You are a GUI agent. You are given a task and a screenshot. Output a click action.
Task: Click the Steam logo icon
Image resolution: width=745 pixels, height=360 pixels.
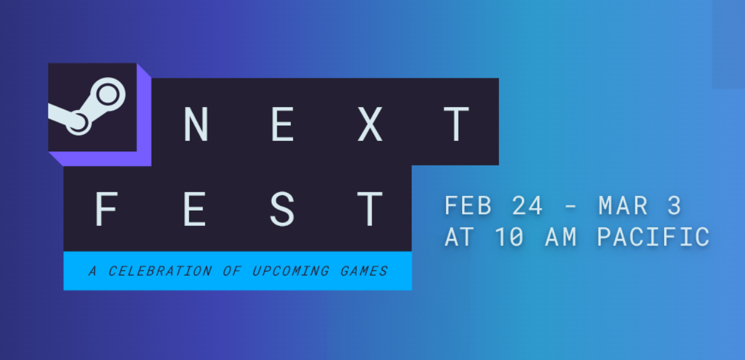[87, 107]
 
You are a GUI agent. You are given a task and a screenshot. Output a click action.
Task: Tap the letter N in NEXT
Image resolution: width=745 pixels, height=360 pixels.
[197, 124]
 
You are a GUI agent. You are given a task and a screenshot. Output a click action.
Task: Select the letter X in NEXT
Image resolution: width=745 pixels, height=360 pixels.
[370, 124]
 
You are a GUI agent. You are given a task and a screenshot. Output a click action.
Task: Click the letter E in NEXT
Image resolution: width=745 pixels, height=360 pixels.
[283, 124]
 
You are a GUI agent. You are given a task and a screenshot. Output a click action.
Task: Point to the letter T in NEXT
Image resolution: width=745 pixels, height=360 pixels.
[457, 124]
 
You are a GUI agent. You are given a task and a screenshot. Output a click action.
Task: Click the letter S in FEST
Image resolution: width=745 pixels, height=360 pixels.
[282, 209]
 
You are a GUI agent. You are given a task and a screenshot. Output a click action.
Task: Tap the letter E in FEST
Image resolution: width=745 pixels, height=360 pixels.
[194, 209]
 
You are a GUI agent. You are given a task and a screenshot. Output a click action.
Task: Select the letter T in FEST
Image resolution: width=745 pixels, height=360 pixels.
[370, 209]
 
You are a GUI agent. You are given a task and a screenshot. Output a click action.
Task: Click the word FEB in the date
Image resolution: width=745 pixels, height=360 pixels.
[468, 205]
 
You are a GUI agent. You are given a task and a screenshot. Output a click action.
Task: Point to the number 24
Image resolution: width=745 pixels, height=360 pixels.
[527, 205]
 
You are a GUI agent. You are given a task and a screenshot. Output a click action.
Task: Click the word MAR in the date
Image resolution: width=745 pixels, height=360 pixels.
[623, 205]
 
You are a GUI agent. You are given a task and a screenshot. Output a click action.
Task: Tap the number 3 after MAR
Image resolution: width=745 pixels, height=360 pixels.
[674, 205]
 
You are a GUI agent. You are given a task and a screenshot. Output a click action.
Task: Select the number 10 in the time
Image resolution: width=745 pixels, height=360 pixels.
[509, 236]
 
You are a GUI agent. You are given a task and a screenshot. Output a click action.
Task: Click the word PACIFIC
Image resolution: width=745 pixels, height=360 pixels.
[654, 236]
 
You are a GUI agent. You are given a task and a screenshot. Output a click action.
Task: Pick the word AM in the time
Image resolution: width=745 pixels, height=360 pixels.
[561, 236]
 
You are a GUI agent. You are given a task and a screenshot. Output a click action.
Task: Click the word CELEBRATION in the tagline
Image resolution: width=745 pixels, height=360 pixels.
[160, 271]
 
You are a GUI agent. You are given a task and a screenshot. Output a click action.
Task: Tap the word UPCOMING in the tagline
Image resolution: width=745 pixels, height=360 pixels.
[291, 271]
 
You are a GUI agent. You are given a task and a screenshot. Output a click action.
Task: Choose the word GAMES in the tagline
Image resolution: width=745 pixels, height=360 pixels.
[364, 271]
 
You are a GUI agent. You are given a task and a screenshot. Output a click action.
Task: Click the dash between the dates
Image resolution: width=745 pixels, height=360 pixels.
[571, 206]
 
